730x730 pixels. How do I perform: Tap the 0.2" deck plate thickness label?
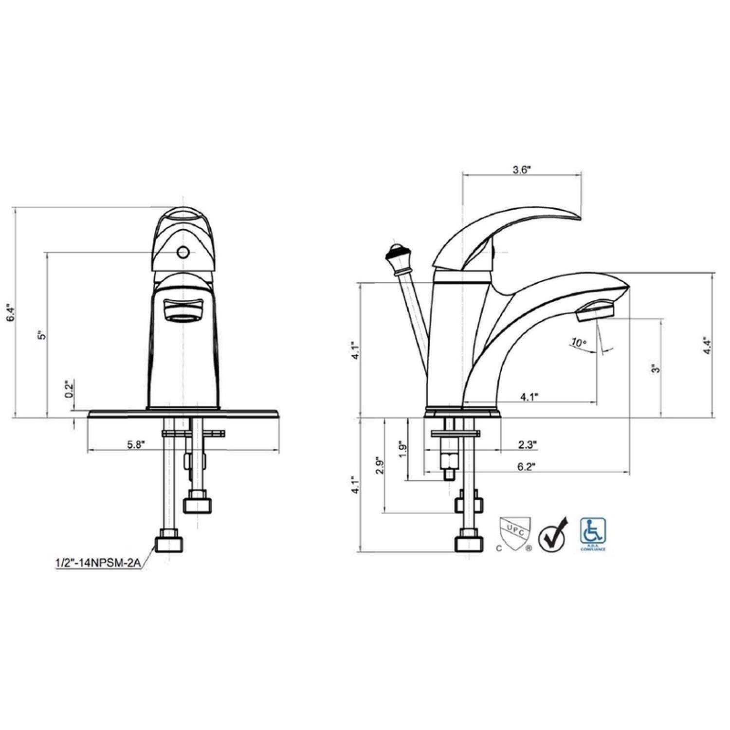pyautogui.click(x=70, y=389)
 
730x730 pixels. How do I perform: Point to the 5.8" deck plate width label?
pyautogui.click(x=136, y=444)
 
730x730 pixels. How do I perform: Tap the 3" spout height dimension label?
pyautogui.click(x=656, y=368)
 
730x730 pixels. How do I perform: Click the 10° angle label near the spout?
pyautogui.click(x=578, y=343)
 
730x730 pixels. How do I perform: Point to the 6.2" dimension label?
pyautogui.click(x=526, y=467)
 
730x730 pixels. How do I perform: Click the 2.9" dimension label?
pyautogui.click(x=380, y=467)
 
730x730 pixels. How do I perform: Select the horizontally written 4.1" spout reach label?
pyautogui.click(x=529, y=397)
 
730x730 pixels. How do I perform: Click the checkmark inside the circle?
pyautogui.click(x=553, y=534)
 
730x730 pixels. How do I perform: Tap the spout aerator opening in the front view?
pyautogui.click(x=183, y=310)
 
